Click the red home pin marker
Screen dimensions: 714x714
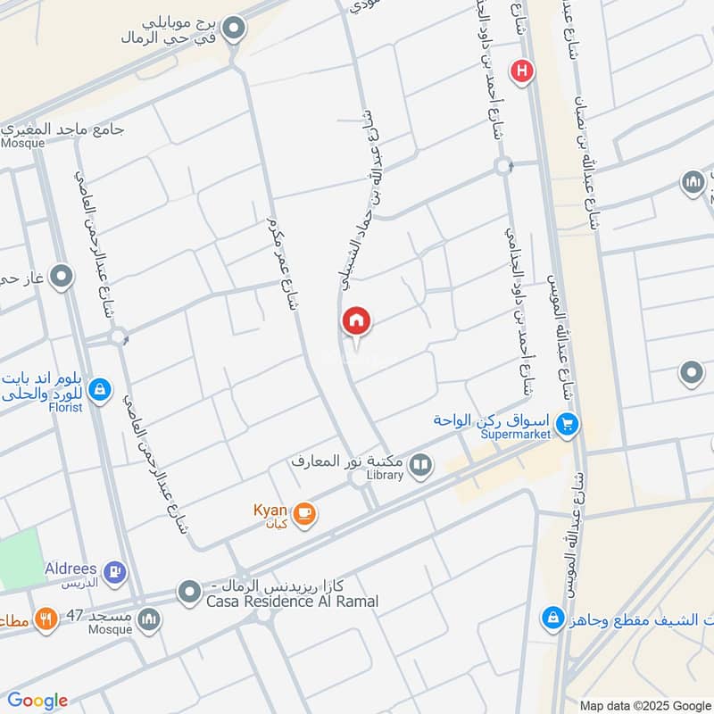pos(357,321)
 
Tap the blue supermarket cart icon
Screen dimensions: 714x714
pos(565,424)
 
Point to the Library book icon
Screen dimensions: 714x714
pos(420,464)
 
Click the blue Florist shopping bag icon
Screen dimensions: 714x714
pos(100,390)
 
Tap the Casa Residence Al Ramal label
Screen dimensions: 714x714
pos(292,602)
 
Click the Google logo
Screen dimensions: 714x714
pos(37,701)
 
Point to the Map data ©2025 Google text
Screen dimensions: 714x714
pos(643,703)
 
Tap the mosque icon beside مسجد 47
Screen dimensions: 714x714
pos(149,618)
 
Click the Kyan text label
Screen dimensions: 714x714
pos(270,510)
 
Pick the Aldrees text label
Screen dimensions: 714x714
pos(71,568)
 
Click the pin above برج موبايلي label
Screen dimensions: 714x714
pos(235,29)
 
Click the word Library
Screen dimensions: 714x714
pos(386,476)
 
